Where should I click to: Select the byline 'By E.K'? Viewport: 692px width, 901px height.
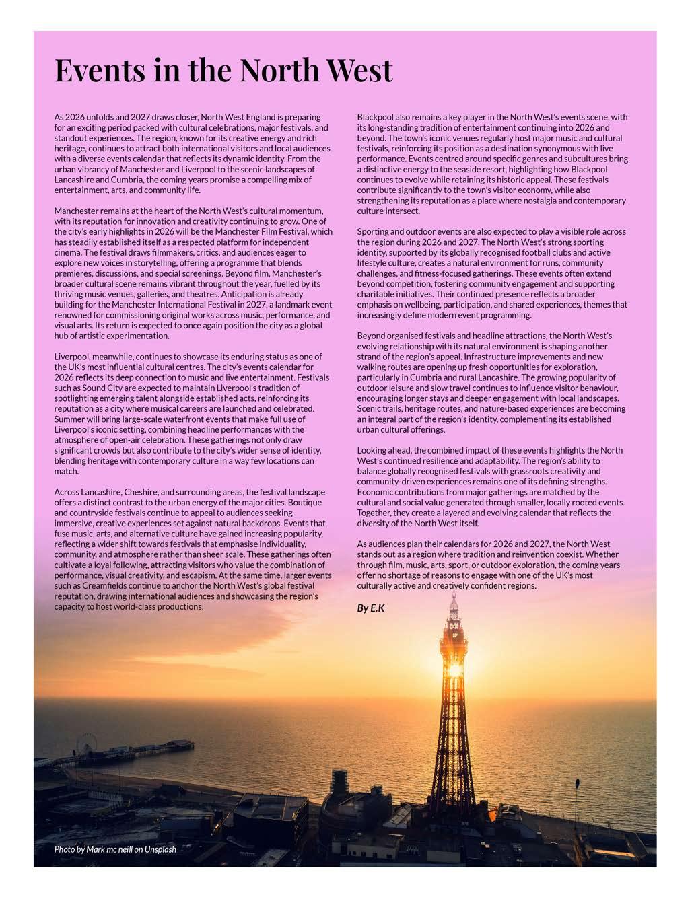(370, 608)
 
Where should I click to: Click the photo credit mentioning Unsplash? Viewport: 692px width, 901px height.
(115, 849)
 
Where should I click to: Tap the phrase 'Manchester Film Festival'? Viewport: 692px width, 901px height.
(269, 231)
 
